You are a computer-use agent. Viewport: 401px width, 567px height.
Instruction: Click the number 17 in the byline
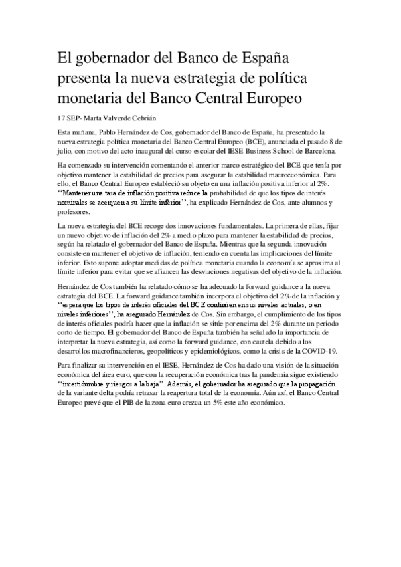63,118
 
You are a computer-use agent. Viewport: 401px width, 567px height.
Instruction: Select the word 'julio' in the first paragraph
68,152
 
